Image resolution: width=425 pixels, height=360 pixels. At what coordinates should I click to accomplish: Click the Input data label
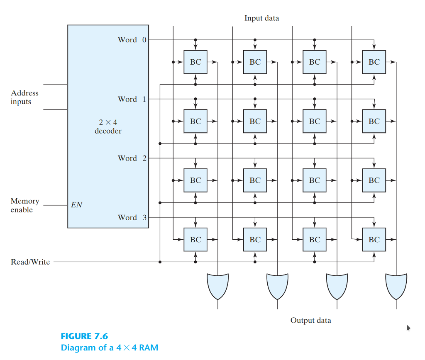point(261,18)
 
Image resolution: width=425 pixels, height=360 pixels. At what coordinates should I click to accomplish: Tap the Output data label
point(310,320)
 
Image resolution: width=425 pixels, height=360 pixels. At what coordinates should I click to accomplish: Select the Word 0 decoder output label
point(132,40)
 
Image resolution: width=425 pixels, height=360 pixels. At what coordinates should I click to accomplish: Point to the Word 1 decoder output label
point(132,99)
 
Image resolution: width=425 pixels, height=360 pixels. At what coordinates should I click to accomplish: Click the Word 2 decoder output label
point(132,158)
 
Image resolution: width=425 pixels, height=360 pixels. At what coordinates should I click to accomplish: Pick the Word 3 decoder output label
point(132,217)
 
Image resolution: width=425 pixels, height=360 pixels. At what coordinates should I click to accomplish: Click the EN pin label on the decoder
point(76,204)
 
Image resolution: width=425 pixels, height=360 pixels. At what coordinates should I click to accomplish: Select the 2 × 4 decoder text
point(108,127)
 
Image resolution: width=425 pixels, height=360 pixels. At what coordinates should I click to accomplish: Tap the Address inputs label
point(24,97)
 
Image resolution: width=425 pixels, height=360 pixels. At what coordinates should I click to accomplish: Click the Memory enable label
point(24,205)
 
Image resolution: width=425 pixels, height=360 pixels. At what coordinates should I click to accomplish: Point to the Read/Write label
point(30,262)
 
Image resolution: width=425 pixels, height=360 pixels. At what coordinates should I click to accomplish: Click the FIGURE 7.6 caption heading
point(84,336)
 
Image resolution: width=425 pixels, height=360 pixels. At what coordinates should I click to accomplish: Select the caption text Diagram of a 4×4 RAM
point(110,348)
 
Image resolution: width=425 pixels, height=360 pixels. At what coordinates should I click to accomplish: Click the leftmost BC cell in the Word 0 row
point(195,62)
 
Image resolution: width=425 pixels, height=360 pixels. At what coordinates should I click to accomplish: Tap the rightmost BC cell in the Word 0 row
point(374,62)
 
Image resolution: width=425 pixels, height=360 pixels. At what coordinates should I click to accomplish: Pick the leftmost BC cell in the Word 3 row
point(195,239)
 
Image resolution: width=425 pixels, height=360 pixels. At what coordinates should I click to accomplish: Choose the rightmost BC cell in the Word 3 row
point(374,239)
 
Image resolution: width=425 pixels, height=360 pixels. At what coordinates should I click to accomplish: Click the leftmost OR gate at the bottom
point(218,286)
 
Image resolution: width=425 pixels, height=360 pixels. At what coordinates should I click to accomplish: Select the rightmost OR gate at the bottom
point(396,286)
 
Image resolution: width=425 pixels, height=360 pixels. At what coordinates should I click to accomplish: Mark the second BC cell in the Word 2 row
point(255,180)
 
